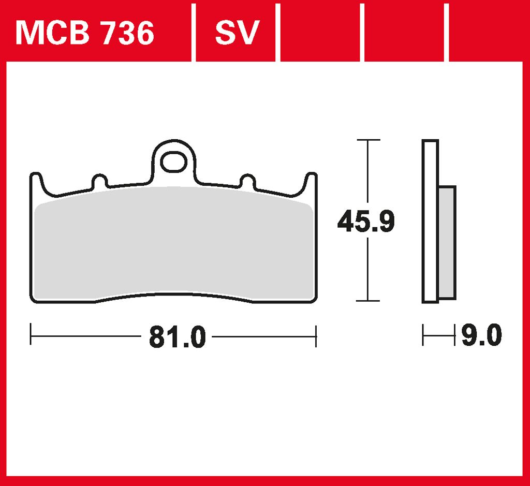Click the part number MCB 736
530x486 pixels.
(85, 33)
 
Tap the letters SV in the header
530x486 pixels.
(237, 33)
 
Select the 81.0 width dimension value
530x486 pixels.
(178, 337)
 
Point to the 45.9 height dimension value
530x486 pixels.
(366, 221)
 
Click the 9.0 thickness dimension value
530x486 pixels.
(482, 335)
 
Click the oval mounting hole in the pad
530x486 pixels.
(174, 162)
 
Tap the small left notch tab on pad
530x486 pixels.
(99, 182)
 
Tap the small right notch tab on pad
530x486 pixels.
(247, 182)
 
